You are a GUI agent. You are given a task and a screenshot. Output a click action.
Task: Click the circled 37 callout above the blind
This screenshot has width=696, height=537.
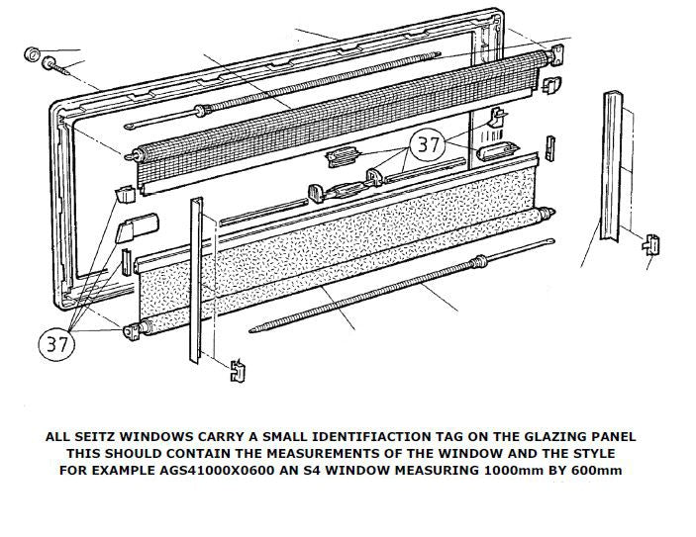[429, 145]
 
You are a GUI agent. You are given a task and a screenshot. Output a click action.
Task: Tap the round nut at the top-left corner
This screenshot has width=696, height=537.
[31, 51]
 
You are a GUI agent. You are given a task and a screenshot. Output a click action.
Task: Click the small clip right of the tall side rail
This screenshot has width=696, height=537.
[651, 243]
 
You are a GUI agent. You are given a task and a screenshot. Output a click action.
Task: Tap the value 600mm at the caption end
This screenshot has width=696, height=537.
[596, 470]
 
